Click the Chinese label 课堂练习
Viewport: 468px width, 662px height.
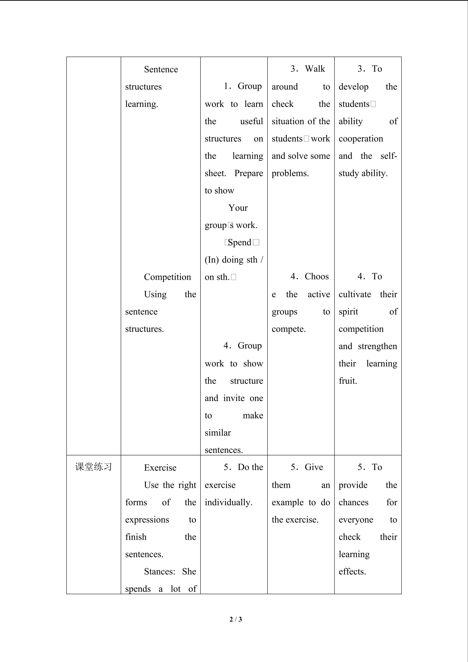pyautogui.click(x=93, y=467)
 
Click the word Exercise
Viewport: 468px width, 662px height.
pyautogui.click(x=160, y=468)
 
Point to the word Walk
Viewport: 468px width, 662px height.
pyautogui.click(x=315, y=69)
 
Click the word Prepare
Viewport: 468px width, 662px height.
pyautogui.click(x=248, y=173)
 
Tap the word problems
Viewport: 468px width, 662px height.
pyautogui.click(x=290, y=173)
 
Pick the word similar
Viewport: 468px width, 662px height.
pyautogui.click(x=218, y=433)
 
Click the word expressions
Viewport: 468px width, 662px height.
pyautogui.click(x=147, y=520)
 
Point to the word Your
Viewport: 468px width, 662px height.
pyautogui.click(x=238, y=208)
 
